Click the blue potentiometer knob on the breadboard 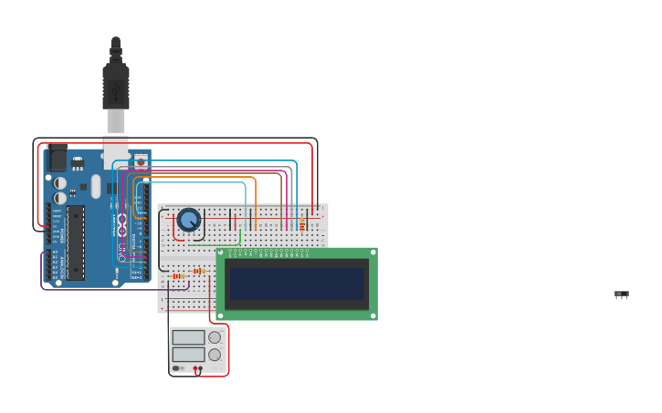pos(188,220)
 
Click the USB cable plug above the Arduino pos(116,87)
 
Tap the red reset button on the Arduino pos(141,161)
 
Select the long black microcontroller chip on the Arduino pos(76,242)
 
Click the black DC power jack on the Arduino pos(58,160)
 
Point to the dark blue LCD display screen pos(297,284)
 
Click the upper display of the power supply pos(188,337)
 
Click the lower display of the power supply pos(188,354)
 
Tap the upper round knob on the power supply pos(215,337)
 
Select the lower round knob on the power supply pos(215,354)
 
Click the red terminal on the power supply pos(194,368)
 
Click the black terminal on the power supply pos(200,368)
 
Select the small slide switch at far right pos(622,294)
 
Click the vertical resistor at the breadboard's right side pos(302,225)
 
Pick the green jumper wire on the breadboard pos(215,243)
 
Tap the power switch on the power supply pos(177,368)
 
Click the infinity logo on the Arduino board pos(121,223)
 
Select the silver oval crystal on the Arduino pos(95,187)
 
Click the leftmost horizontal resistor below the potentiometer pos(178,275)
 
